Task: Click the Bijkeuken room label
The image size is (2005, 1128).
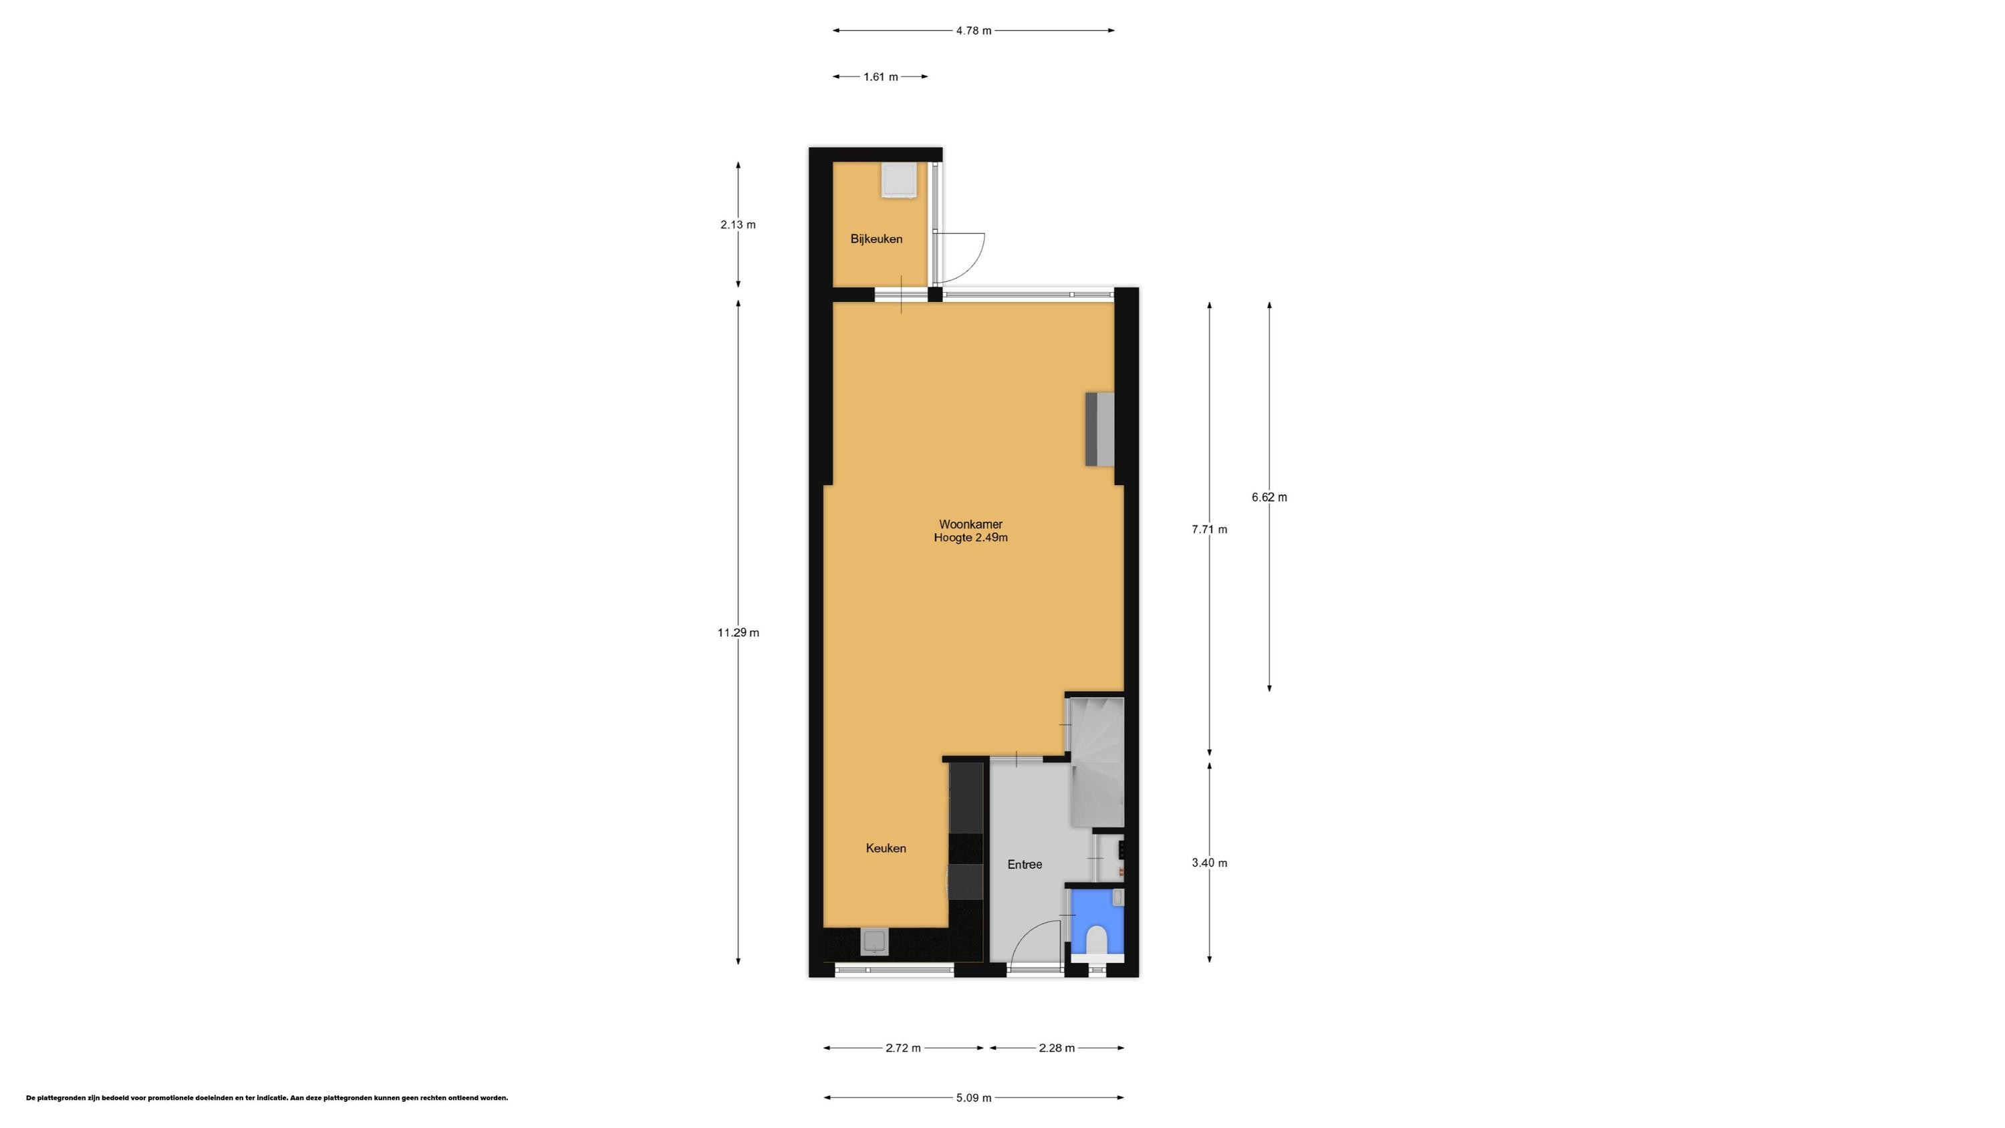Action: tap(876, 239)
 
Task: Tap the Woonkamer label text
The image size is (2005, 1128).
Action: tap(970, 525)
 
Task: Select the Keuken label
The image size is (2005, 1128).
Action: tap(886, 849)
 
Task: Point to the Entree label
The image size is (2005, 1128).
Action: tap(1025, 864)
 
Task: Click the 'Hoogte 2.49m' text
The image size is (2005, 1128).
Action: tap(970, 538)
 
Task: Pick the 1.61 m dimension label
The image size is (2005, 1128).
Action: tap(880, 77)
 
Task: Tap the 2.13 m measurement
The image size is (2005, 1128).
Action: tap(738, 225)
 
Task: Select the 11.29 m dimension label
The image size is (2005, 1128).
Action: tap(738, 633)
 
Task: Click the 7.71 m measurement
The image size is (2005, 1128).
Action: tap(1210, 529)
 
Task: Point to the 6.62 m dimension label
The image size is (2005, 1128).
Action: tap(1269, 497)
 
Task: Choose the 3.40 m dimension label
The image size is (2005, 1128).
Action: tap(1210, 863)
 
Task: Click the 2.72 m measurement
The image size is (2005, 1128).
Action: tap(903, 1048)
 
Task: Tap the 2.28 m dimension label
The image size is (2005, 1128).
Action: tap(1057, 1048)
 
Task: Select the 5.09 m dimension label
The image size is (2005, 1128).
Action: tap(974, 1098)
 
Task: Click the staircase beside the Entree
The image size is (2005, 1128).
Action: tap(1096, 763)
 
